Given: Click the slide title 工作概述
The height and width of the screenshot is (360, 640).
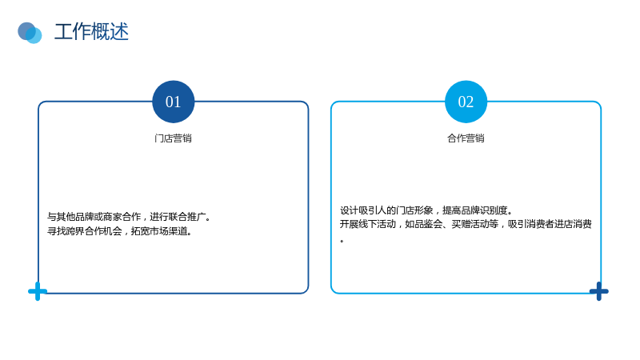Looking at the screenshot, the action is [x=91, y=32].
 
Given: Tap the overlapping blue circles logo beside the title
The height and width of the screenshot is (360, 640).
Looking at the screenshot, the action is [x=30, y=33].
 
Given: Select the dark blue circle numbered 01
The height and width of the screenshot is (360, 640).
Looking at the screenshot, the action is [x=173, y=102].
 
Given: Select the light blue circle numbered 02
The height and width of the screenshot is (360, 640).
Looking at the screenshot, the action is [x=466, y=102].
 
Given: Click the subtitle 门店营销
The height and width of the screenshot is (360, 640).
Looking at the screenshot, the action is [x=173, y=138].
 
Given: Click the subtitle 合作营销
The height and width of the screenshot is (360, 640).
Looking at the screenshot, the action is [x=466, y=138].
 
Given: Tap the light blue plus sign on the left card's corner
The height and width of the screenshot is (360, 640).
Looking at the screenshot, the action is [x=38, y=291].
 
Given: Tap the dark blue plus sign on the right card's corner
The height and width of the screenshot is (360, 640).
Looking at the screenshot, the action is [x=598, y=291].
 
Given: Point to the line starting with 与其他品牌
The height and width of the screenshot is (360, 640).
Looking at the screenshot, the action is [x=129, y=217].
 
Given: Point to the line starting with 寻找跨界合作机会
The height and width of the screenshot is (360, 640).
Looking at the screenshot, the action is [x=119, y=231].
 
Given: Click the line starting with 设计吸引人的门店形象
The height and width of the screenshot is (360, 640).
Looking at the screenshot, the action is [x=426, y=210].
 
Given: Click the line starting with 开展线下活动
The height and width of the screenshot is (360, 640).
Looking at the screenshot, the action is [x=466, y=224].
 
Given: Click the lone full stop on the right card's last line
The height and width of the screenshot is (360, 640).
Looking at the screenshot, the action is [x=342, y=241].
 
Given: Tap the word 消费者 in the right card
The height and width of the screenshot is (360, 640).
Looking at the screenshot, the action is [x=541, y=224].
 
